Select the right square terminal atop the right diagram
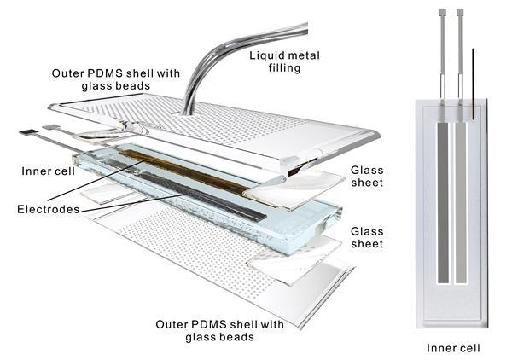462,13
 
